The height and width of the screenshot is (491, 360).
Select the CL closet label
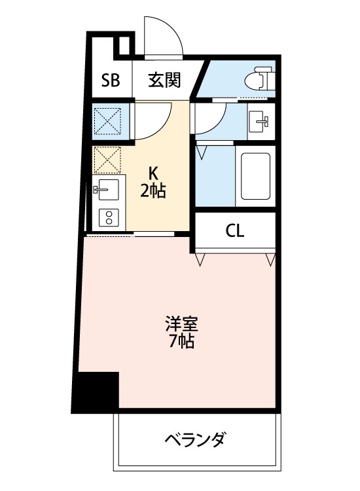tap(235, 231)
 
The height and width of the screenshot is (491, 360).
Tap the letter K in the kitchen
tap(154, 173)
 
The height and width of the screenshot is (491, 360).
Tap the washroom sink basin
tap(261, 120)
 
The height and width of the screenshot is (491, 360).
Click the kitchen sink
tap(107, 190)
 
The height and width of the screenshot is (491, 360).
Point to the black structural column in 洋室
tap(96, 392)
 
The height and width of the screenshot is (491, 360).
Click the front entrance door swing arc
tap(164, 36)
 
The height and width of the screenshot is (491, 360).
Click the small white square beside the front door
tap(122, 46)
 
